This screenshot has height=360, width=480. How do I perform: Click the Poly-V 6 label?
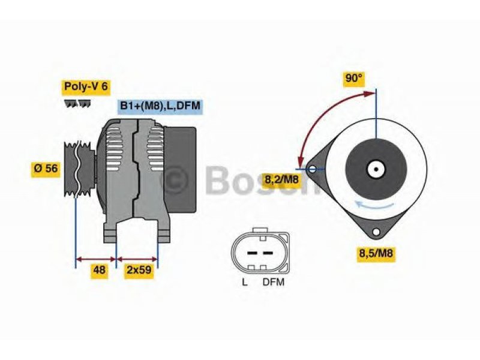coord(86,86)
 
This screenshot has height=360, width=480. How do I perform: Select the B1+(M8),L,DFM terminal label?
coord(160,106)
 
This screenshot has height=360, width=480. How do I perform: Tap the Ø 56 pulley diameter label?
coord(46,169)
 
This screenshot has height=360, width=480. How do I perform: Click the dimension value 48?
coord(99,270)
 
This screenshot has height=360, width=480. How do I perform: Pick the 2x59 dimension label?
coord(139,270)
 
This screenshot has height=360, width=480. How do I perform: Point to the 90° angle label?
coord(354,79)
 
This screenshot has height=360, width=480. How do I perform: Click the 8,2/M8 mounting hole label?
coord(281,179)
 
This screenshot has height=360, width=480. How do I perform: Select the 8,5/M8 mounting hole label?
coord(376,253)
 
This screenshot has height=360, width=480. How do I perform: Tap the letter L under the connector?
coord(245,282)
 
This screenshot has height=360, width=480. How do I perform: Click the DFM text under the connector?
coord(274,282)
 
